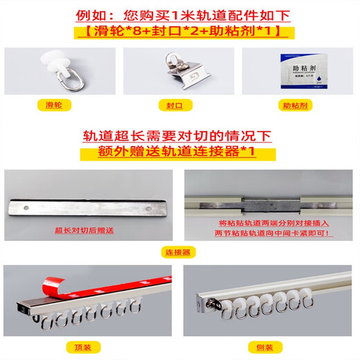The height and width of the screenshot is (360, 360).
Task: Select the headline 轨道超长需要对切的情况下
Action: [x=179, y=136]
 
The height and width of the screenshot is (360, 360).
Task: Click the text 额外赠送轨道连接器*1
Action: [x=179, y=152]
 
